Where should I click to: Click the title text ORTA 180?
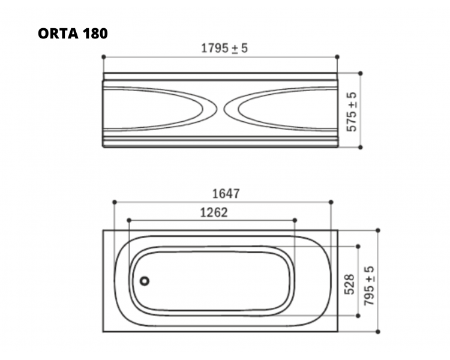[x=73, y=34]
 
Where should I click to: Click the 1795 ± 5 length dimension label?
[x=224, y=48]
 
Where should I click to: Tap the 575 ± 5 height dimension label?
[x=352, y=112]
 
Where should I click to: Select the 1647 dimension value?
[x=226, y=194]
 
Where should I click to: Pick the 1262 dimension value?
[x=214, y=213]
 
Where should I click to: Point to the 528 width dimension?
[x=350, y=284]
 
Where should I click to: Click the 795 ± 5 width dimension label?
[x=369, y=286]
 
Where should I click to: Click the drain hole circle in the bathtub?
[x=145, y=281]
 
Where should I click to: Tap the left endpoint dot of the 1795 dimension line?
[x=104, y=57]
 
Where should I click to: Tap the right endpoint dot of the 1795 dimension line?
[x=337, y=57]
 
